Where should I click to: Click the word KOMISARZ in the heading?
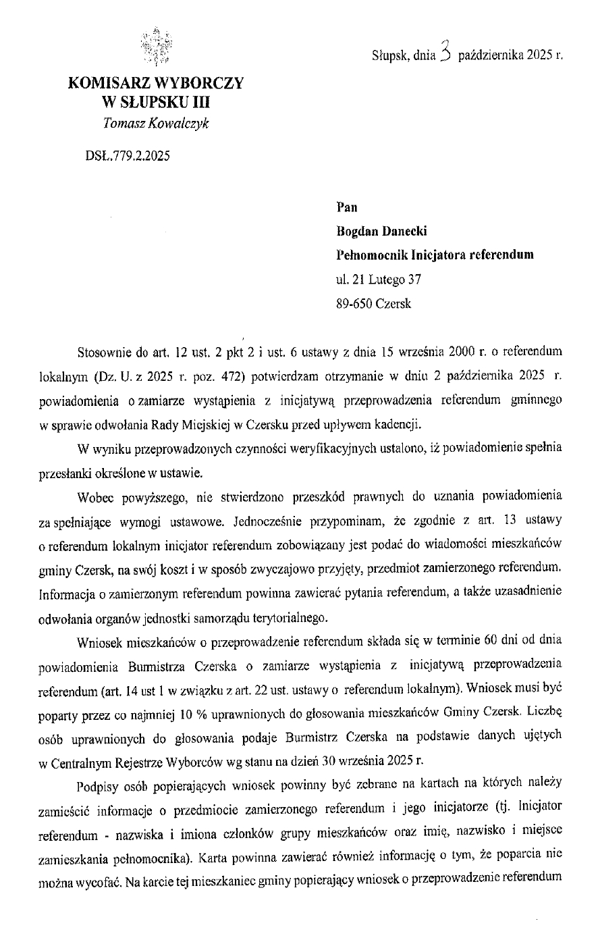(109, 84)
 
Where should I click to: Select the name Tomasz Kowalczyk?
(155, 123)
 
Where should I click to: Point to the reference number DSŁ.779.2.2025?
(128, 156)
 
